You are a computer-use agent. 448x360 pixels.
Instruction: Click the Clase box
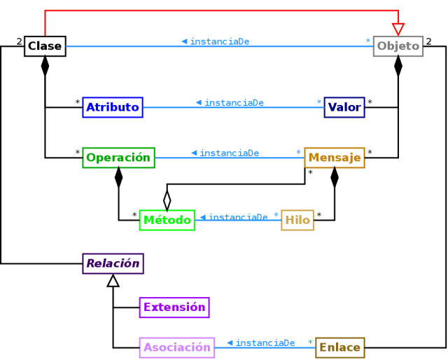tap(45, 47)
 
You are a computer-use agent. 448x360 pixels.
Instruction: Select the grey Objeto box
tap(398, 47)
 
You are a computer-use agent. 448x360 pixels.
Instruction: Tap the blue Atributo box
tap(113, 107)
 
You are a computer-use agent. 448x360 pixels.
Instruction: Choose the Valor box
tap(344, 107)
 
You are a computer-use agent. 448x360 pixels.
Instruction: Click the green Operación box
tap(118, 158)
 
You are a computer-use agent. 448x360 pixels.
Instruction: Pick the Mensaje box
tap(335, 158)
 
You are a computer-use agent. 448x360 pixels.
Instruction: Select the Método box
tap(167, 220)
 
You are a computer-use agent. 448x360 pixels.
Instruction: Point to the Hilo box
tap(297, 220)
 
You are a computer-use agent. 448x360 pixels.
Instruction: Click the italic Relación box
tap(113, 264)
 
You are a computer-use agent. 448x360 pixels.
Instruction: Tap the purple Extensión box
tap(174, 307)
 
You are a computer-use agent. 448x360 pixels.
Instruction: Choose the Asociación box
tap(177, 347)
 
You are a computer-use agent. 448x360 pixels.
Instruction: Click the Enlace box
tap(339, 347)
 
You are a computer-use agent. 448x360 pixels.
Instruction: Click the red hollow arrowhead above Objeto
tap(398, 29)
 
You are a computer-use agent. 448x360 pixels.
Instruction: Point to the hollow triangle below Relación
tap(113, 281)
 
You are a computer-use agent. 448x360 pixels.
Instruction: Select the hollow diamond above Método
tap(167, 199)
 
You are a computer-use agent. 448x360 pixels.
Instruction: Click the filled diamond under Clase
tap(45, 66)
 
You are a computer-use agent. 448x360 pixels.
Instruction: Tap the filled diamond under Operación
tap(118, 177)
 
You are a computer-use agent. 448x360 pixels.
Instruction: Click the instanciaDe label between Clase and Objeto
tap(219, 41)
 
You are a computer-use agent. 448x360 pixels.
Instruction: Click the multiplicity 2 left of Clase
tap(19, 41)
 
